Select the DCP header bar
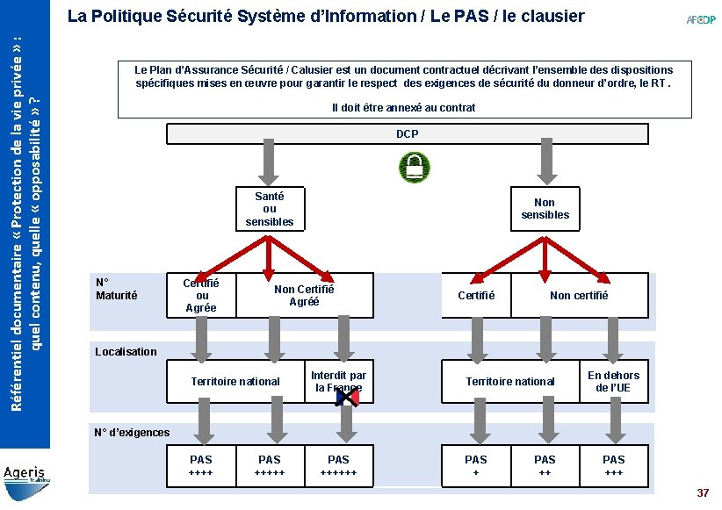pyautogui.click(x=407, y=134)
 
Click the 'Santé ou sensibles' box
pyautogui.click(x=269, y=209)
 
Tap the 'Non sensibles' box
pyautogui.click(x=545, y=208)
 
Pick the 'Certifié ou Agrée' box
pyautogui.click(x=201, y=295)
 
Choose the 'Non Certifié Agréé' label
pyautogui.click(x=304, y=295)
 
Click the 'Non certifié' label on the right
pyautogui.click(x=578, y=295)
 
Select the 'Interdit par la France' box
pyautogui.click(x=338, y=381)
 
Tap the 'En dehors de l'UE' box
pyautogui.click(x=613, y=381)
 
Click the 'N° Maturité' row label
pyautogui.click(x=116, y=289)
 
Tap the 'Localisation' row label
pyautogui.click(x=126, y=352)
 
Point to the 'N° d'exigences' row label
pyautogui.click(x=131, y=432)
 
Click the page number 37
pyautogui.click(x=702, y=493)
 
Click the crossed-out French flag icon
pyautogui.click(x=348, y=398)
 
